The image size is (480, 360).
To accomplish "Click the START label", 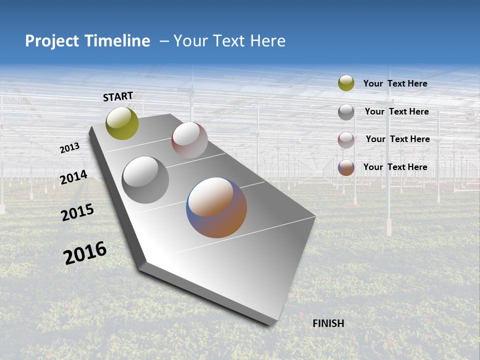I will pos(118,96).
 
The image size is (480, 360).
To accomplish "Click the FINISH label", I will pos(328,323).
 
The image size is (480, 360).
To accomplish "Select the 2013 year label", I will pos(69,148).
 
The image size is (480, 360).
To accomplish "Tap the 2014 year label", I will pos(73,177).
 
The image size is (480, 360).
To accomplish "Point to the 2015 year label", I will pos(77,212).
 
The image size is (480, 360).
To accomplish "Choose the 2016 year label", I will pos(85,253).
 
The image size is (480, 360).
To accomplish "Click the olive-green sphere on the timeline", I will pos(122,123).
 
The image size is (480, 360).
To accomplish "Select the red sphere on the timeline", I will pos(189,140).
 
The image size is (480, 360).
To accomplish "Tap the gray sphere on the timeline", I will pos(145,180).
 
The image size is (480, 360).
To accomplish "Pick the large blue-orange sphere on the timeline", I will pos(216,207).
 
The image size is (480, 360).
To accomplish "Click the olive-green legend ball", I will pos(346,83).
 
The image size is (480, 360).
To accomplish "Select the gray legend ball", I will pos(346,112).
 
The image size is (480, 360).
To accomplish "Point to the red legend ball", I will pos(346,140).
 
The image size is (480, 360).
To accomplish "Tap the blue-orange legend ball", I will pos(346,167).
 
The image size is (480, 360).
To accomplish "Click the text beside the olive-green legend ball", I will pos(395,83).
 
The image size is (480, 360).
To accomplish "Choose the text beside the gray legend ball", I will pos(396,111).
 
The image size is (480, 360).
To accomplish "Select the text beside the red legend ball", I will pos(397,139).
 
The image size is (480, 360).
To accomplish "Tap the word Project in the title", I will pos(50,41).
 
